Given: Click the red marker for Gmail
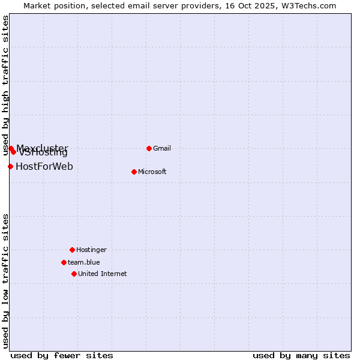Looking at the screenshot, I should [x=149, y=148].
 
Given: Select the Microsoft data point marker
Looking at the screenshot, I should [x=134, y=172].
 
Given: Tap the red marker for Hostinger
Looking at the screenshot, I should [x=72, y=250].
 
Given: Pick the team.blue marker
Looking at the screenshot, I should [x=64, y=262].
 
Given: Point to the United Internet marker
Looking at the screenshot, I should [x=74, y=274].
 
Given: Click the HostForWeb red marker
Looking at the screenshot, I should [x=10, y=166].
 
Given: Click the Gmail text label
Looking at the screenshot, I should [x=162, y=148].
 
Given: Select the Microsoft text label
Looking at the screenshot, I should [x=152, y=172].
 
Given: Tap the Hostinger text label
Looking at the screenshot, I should [x=91, y=250].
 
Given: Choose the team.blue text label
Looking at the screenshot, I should [x=84, y=262].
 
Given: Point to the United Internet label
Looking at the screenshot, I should [x=103, y=274].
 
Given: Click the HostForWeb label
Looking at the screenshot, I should [x=44, y=166].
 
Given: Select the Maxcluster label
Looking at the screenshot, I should [x=42, y=148].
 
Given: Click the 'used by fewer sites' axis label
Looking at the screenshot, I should [x=62, y=355].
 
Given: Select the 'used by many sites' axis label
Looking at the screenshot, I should [x=301, y=355].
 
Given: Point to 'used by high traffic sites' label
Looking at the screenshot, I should [x=6, y=85].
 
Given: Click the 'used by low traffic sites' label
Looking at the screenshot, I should [x=6, y=281].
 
